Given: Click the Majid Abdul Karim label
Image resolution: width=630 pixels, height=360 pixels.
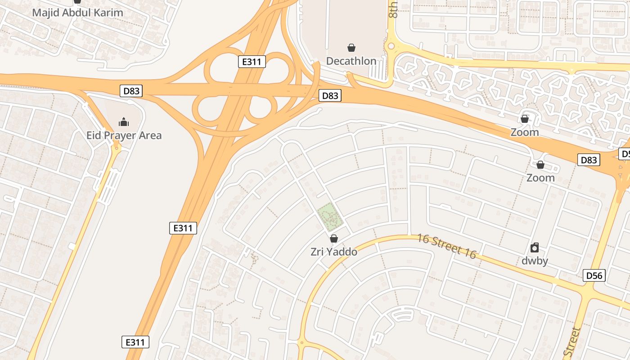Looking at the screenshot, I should coord(77,13).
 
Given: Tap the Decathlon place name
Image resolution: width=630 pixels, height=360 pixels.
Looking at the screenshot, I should coord(351,61).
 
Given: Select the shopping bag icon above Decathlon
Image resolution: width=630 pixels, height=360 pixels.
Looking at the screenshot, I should coord(351,48).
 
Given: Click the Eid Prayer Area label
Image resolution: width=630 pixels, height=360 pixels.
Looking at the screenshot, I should coord(124,135).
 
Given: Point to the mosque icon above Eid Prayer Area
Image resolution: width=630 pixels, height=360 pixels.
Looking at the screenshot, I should coord(123,122).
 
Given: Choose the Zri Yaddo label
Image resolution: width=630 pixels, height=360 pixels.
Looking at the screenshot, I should coord(334,252).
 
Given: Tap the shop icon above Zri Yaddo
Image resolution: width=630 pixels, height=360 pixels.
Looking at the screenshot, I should coord(334,238).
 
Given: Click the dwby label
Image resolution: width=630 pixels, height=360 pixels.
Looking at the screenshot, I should coord(535,261).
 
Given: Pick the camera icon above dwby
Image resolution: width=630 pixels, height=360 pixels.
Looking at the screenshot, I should coord(535,247).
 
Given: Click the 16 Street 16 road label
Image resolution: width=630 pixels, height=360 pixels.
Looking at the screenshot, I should coord(446,246).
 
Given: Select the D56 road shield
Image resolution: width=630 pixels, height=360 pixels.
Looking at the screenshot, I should coord(594,275).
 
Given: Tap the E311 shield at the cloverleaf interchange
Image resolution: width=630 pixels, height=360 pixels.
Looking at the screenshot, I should coord(252,62).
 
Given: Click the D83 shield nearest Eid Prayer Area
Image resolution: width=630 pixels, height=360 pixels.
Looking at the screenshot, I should coord(131,91).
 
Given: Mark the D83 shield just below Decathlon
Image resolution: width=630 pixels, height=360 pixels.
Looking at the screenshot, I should coord(330,95).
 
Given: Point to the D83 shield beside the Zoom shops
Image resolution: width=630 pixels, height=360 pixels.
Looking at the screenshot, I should coord(589,160).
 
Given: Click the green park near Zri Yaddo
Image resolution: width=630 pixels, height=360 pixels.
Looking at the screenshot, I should coord(331,216).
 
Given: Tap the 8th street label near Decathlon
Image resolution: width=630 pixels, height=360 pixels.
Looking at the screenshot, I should coord(393,9).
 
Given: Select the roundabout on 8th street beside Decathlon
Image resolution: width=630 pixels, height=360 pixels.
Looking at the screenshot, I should coord(391,46).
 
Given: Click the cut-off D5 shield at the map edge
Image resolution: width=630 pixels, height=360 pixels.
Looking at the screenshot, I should coord(625,154).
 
